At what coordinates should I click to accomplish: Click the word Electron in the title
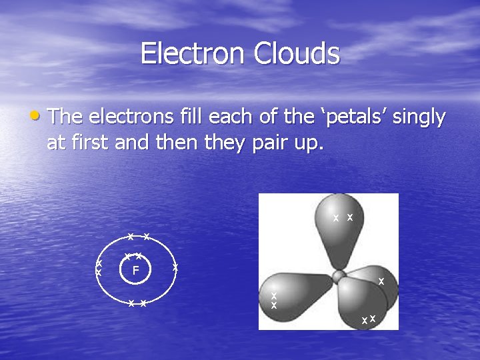click(x=193, y=53)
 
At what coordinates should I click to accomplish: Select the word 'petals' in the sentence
click(x=345, y=117)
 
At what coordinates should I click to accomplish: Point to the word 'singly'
click(x=419, y=119)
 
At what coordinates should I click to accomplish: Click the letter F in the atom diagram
click(x=135, y=271)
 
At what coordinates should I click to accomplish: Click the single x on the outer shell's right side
click(x=175, y=267)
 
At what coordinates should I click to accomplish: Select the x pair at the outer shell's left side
click(x=99, y=268)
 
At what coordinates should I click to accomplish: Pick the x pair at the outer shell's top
click(x=138, y=237)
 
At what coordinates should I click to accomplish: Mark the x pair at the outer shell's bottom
click(x=137, y=303)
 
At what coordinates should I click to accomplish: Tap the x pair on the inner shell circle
click(x=133, y=256)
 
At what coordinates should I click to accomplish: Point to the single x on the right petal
click(x=381, y=282)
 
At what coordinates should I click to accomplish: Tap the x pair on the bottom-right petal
click(x=369, y=319)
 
